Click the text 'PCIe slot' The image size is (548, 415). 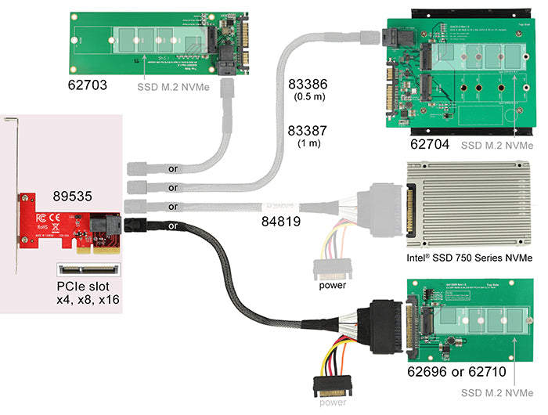click(83, 286)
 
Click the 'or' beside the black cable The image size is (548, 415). click(173, 227)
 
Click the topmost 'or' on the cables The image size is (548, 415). click(173, 168)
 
